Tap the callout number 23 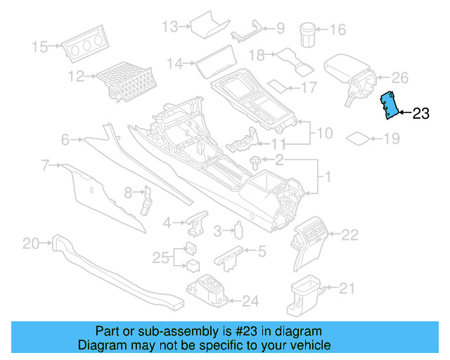420,114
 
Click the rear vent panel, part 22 313,240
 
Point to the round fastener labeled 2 255,162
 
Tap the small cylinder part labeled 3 238,230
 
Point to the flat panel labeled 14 210,65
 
